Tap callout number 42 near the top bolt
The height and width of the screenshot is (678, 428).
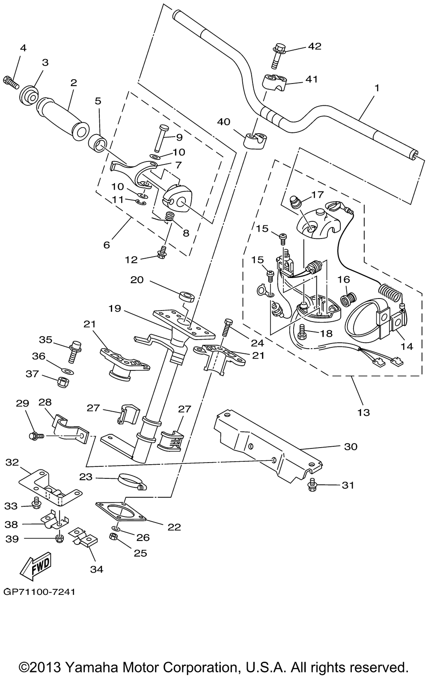[315, 46]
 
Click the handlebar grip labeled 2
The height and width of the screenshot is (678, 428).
[62, 110]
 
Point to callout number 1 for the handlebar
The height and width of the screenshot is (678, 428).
[377, 88]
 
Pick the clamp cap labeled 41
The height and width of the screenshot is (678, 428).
[275, 81]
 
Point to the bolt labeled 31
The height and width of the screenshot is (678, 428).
[313, 485]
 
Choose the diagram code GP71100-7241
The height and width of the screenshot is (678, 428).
[39, 592]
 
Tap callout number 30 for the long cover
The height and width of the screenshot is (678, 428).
[350, 447]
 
